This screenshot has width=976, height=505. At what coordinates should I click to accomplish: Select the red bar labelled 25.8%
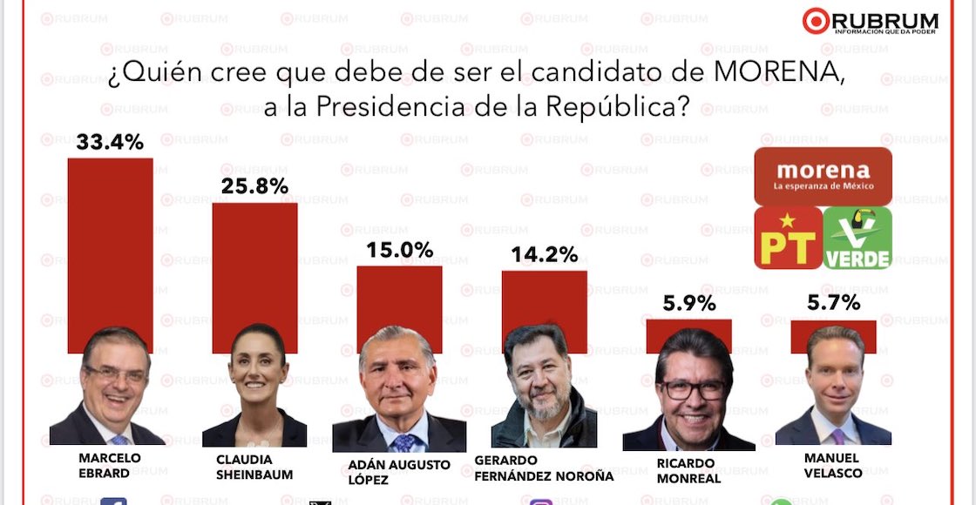coord(254,261)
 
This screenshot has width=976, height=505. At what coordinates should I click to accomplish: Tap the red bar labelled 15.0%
coord(399,296)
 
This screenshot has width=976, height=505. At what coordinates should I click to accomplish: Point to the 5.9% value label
coord(688,304)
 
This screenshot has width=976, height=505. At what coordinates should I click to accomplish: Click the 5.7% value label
coord(833,303)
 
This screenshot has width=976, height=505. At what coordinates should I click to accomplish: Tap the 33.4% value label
coord(110,142)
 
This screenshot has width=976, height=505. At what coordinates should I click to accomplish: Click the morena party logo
coord(823,176)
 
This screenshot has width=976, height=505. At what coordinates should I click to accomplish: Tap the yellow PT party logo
coord(788,238)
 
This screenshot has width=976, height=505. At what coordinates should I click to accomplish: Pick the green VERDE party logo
coord(858,238)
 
